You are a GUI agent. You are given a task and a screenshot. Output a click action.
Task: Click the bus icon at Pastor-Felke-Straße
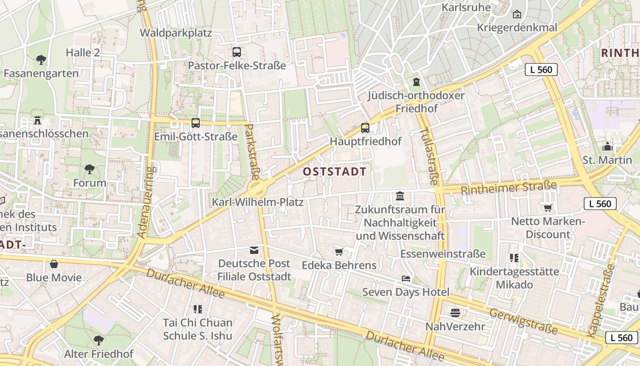point(236,52)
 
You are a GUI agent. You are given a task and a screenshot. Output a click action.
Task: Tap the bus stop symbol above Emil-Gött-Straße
point(196,123)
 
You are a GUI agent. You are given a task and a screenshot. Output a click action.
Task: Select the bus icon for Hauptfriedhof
point(365,128)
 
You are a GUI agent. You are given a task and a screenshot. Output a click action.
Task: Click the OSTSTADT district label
point(335,172)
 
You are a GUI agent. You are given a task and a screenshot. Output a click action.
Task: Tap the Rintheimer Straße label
point(509,187)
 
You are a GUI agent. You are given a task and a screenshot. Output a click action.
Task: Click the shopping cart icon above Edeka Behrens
point(339,252)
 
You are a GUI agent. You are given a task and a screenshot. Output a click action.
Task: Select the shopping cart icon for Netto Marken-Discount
point(548,208)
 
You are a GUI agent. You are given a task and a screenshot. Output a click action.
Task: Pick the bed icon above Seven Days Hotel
point(405,279)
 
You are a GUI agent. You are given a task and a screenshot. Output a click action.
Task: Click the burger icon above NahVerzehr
point(455,313)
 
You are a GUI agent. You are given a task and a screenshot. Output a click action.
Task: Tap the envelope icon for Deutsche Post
point(254,250)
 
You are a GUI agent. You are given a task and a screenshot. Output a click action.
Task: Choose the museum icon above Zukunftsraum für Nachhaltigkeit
point(400,196)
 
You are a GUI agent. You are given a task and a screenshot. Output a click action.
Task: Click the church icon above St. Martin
point(607,147)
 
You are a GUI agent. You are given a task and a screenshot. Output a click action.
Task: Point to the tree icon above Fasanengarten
point(41,59)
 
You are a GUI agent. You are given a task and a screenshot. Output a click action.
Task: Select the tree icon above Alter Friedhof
point(98,340)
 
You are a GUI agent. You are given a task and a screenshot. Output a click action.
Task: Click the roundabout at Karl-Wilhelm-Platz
point(257,188)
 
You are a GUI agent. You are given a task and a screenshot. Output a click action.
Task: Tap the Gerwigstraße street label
point(523,321)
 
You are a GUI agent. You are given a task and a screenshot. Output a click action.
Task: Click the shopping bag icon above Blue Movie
point(54,264)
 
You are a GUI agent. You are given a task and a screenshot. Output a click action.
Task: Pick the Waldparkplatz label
point(176,33)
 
